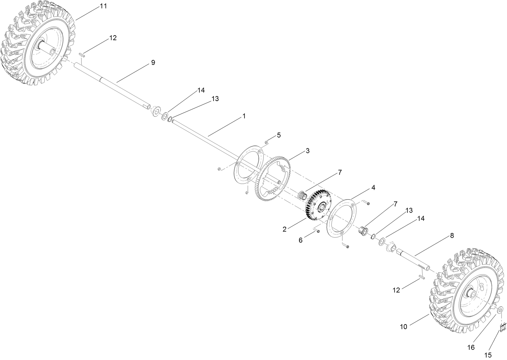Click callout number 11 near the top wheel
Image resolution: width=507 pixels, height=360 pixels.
(x=103, y=6)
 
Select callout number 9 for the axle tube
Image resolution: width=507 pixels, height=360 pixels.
(x=153, y=63)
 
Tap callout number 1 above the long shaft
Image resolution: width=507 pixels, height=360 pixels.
(x=244, y=116)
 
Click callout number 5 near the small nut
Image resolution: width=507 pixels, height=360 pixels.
(x=279, y=135)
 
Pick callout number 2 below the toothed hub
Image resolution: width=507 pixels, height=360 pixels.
(x=284, y=229)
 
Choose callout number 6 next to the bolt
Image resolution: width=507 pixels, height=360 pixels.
(x=300, y=240)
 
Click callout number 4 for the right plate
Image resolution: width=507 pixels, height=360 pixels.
(x=373, y=188)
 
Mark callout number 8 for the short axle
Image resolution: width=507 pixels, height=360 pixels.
(x=452, y=236)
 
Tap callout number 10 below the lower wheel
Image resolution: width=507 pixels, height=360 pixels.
(x=404, y=326)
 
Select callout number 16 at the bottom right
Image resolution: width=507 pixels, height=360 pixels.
(x=471, y=348)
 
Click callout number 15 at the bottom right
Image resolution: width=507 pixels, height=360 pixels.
(x=488, y=355)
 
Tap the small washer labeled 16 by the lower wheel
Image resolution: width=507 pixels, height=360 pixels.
(x=501, y=309)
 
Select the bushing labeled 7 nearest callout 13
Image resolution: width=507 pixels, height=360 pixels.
(x=364, y=230)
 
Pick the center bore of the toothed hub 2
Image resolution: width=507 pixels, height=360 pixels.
(x=321, y=207)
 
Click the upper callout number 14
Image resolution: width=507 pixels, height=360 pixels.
(x=201, y=90)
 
